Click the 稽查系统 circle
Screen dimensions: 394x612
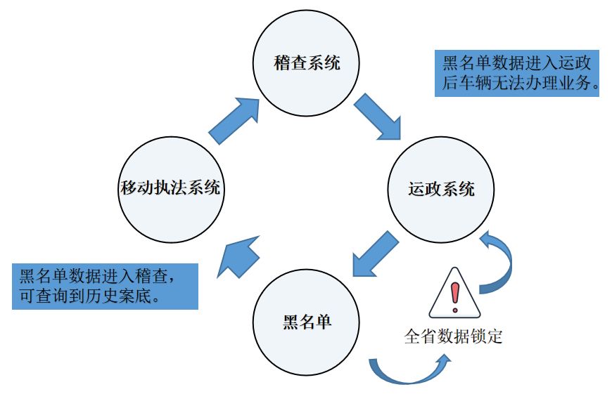click(306, 63)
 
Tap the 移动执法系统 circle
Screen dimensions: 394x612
click(171, 188)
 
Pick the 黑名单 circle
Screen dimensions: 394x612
click(306, 322)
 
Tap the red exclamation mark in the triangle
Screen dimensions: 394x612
click(454, 294)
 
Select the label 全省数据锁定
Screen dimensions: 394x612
click(453, 336)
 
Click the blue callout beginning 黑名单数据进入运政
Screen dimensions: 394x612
click(516, 72)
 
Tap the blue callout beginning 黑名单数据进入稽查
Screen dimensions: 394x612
click(104, 286)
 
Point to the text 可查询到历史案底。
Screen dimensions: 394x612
click(94, 296)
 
